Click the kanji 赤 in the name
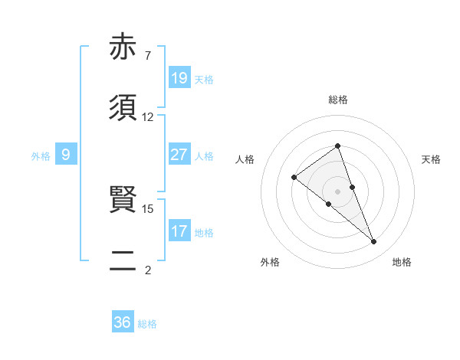tap(123, 47)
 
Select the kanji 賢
tap(123, 201)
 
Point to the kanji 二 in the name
tap(123, 262)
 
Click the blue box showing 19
tap(179, 78)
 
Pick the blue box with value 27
tap(179, 155)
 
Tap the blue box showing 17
tap(179, 231)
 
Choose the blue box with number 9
tap(67, 155)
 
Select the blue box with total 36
tap(123, 322)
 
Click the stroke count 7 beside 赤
tap(147, 56)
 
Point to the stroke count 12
tap(148, 117)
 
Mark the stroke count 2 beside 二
tap(147, 270)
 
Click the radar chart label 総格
tap(337, 100)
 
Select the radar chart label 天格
tap(431, 159)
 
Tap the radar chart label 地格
tap(402, 262)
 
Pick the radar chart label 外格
tap(270, 262)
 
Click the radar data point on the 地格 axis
tap(374, 242)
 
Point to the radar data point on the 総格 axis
tap(337, 146)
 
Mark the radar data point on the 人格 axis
tap(294, 178)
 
